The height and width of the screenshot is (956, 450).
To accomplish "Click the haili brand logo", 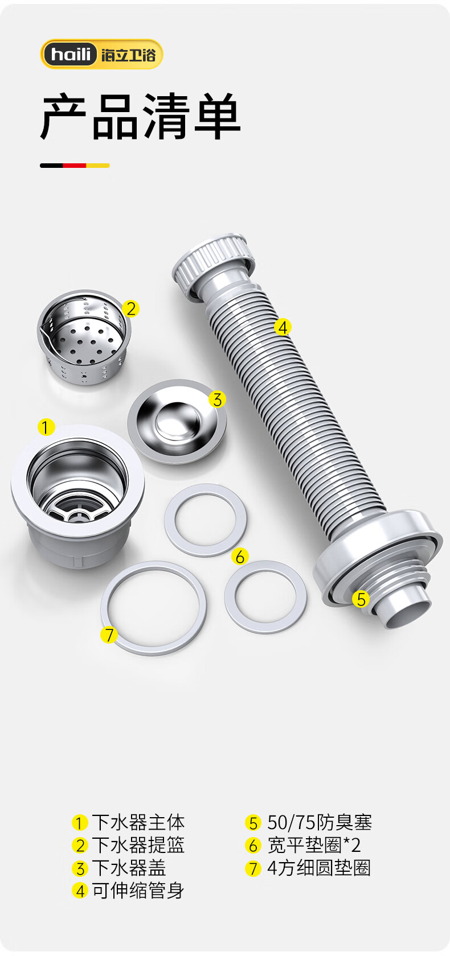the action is pos(102,54).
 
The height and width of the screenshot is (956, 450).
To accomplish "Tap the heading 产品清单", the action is pos(140,117).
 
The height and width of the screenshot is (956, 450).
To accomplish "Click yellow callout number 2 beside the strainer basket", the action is pos(131,308).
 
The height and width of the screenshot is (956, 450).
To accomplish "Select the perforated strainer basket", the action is pos(84,337).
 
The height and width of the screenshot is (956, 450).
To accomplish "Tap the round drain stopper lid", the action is pos(177,421).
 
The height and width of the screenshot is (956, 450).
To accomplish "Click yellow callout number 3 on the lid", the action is pos(217,399).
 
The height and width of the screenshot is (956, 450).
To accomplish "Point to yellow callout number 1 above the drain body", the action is pos(46,427).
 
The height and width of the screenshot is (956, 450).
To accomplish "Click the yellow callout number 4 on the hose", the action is pos(283,327).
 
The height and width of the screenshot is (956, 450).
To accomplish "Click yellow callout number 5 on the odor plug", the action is pos(361,599).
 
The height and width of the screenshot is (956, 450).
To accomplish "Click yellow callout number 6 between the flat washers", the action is pos(240,557).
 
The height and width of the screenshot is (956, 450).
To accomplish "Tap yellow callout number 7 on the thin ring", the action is pos(109,634).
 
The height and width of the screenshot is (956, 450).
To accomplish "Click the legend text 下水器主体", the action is pos(138,822).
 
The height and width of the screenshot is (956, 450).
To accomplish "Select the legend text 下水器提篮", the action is pos(138,845).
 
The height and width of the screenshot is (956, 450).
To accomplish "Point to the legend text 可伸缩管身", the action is pos(138,891).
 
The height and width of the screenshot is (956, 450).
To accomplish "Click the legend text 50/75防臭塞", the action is pos(320,822).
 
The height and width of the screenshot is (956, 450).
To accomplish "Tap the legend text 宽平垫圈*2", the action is pos(314,845).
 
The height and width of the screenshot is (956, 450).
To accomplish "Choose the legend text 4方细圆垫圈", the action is pos(319,868).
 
